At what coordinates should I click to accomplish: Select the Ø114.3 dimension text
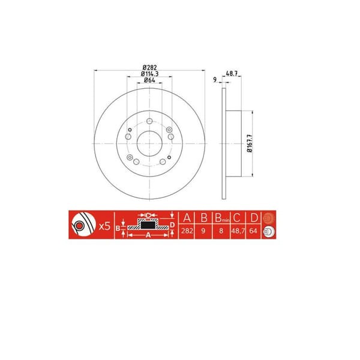[149, 73]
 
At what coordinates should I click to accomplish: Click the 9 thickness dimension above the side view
[214, 79]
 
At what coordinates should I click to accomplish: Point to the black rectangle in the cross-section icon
[147, 226]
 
